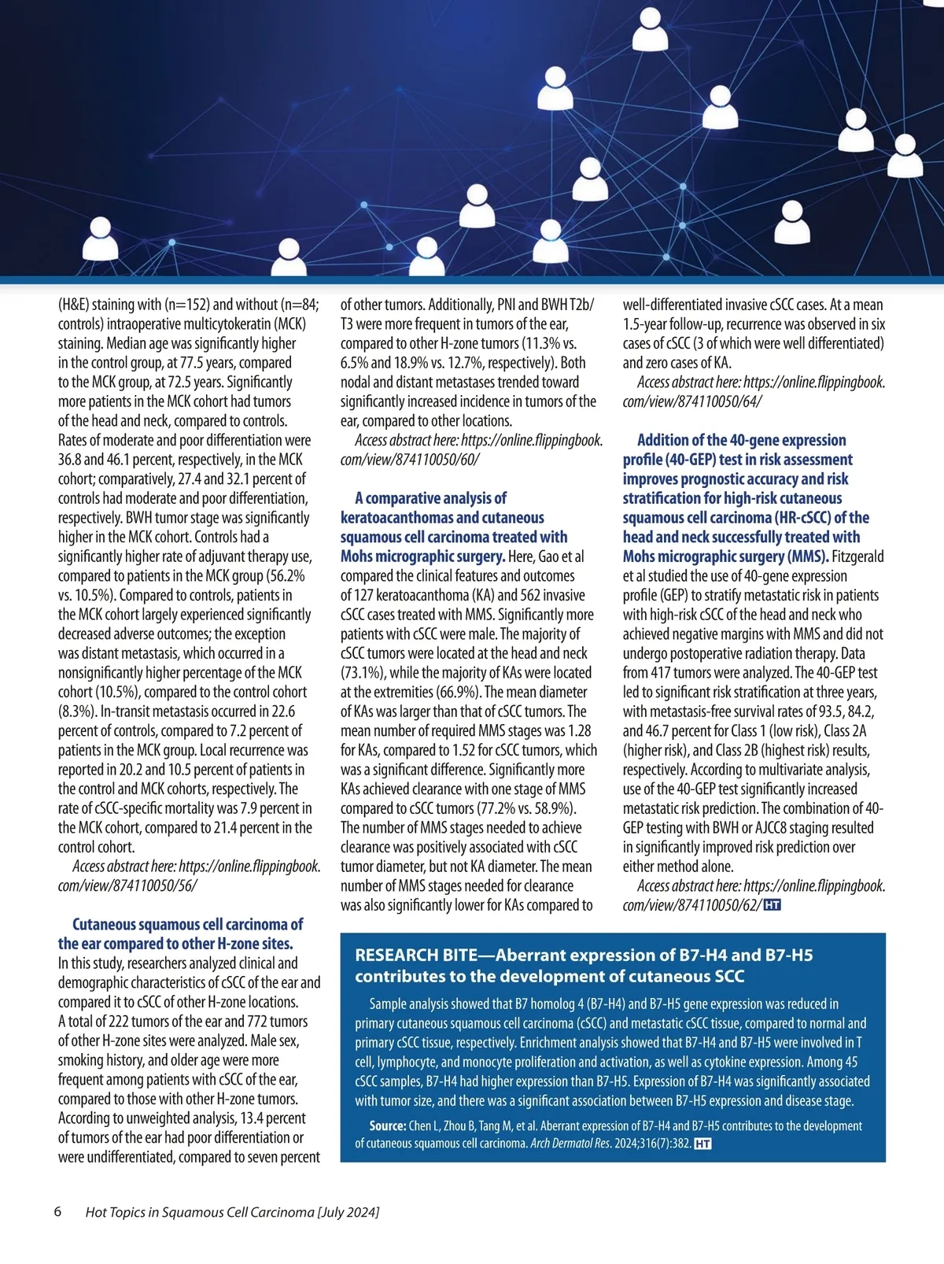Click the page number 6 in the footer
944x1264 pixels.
(57, 1211)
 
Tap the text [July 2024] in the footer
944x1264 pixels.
(348, 1212)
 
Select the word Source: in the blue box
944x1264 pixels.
(388, 1126)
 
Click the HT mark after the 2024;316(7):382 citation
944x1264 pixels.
(703, 1144)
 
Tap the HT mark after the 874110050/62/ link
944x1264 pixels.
(772, 905)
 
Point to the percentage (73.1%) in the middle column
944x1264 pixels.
(362, 673)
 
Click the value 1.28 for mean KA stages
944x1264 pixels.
(579, 731)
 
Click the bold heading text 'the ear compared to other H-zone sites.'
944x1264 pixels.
(175, 944)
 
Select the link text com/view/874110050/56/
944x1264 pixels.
(127, 885)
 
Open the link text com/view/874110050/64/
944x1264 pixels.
(692, 401)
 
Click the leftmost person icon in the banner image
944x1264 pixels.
(100, 238)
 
